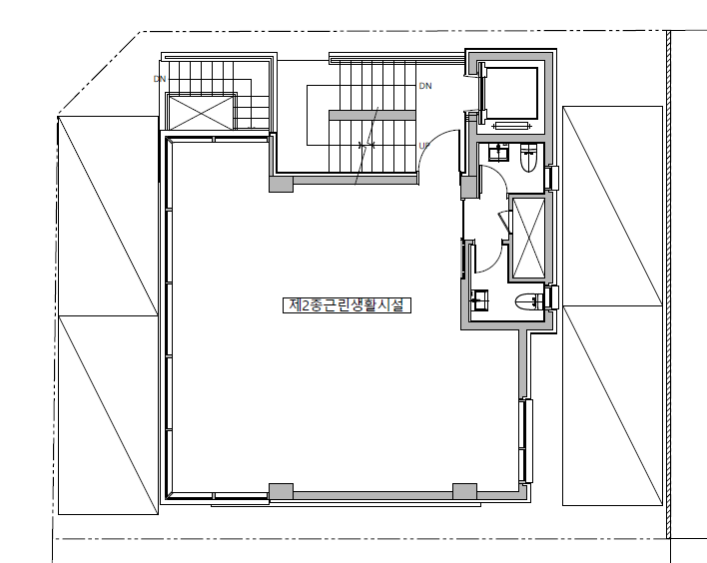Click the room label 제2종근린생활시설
click(x=347, y=305)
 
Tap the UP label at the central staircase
click(x=423, y=146)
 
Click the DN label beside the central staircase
click(x=425, y=86)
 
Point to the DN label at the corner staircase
click(x=160, y=79)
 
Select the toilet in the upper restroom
click(x=528, y=158)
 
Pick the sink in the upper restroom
click(x=498, y=152)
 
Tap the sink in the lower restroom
click(x=479, y=300)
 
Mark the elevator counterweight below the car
click(x=511, y=126)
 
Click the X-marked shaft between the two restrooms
click(x=527, y=238)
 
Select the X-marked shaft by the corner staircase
click(x=201, y=112)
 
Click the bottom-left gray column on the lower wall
click(x=281, y=492)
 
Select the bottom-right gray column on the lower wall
click(x=464, y=492)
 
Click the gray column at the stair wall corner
click(x=281, y=184)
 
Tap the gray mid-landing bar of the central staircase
click(x=372, y=115)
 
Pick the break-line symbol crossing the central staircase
click(x=366, y=146)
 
